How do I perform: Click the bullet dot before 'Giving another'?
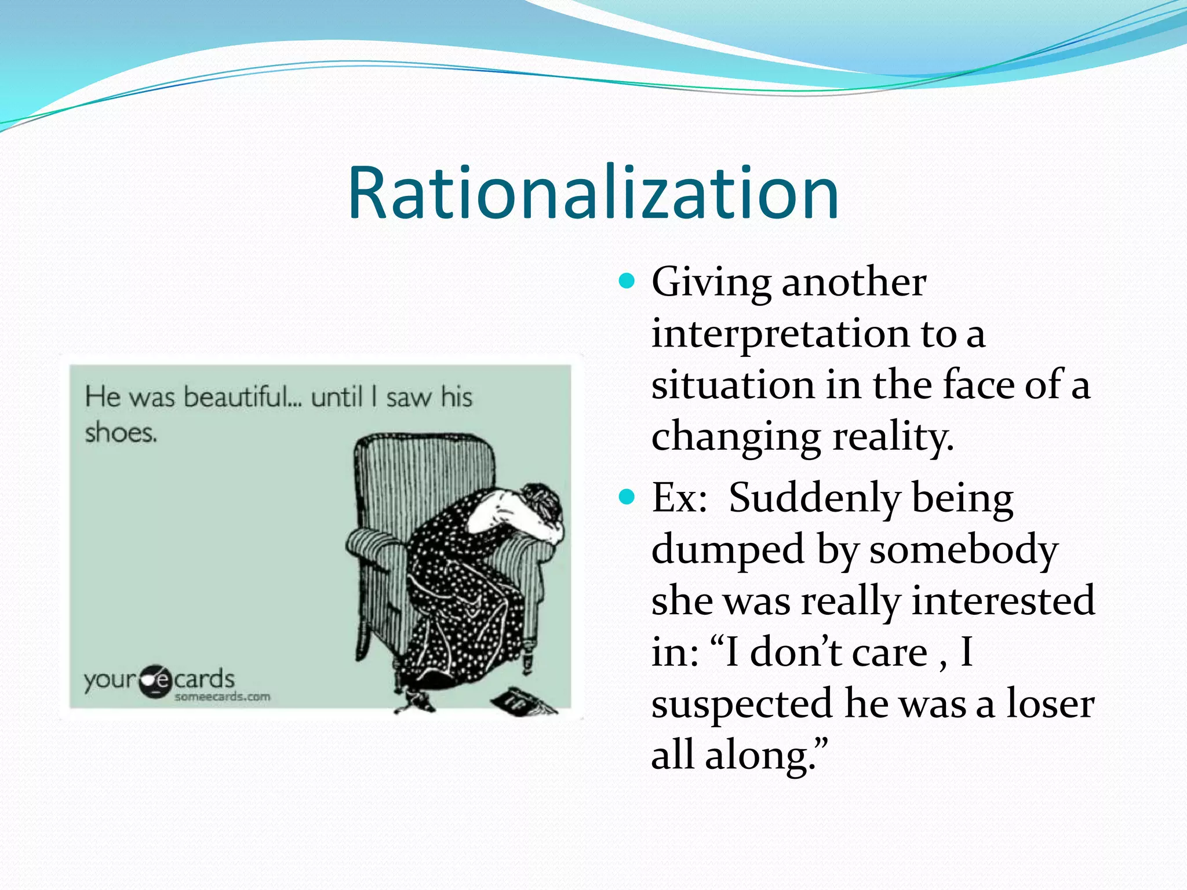pos(627,282)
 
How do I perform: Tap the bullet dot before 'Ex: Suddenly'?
pos(627,497)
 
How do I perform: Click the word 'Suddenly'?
pos(814,498)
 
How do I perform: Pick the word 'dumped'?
pos(727,549)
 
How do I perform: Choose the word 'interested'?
pos(1003,600)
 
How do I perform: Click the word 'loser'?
pos(1050,703)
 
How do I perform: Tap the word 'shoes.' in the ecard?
pos(121,433)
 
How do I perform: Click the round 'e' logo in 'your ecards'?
pos(155,681)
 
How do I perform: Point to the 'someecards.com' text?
pos(223,696)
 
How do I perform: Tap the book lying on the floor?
pos(522,701)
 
